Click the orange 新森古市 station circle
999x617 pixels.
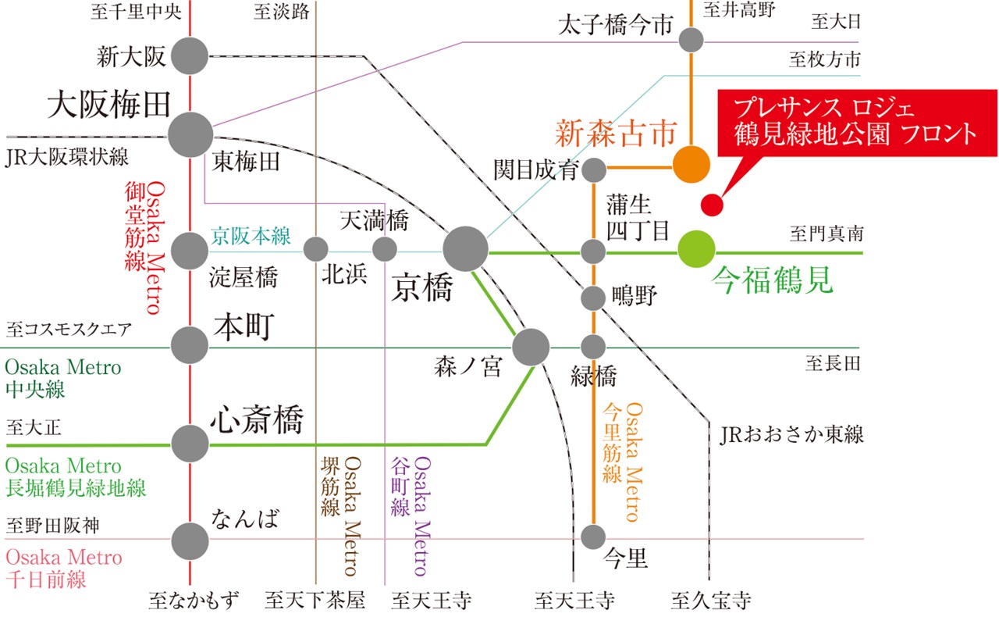691,164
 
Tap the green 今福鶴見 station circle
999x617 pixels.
696,251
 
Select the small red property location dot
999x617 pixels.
712,205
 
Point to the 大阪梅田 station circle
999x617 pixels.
190,134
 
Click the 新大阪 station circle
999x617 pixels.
190,55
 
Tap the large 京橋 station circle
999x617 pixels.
465,250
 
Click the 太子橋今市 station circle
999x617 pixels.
691,39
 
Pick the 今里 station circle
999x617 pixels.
593,537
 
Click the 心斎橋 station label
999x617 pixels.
257,421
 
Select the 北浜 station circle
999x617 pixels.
315,249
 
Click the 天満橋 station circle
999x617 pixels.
384,249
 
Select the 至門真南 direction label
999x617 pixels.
826,234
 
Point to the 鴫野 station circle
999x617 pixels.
593,298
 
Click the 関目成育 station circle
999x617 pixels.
594,169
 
